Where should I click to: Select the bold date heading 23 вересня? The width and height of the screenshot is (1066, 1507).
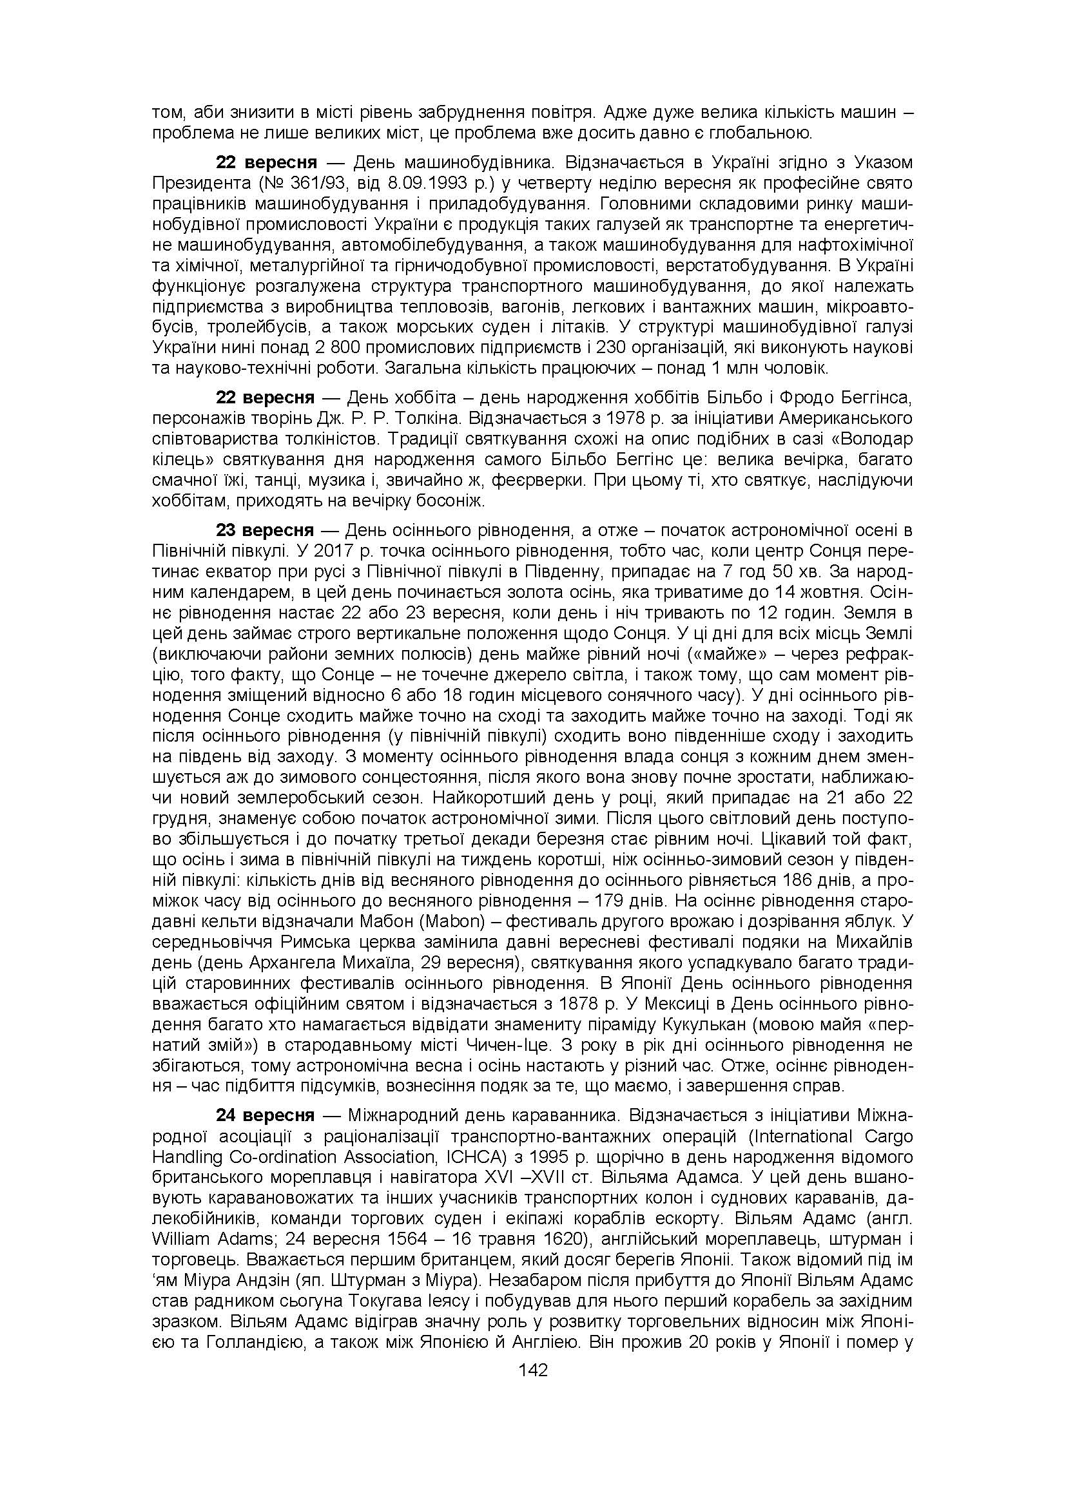[265, 530]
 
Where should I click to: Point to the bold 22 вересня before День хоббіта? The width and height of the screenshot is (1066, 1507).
[265, 398]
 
